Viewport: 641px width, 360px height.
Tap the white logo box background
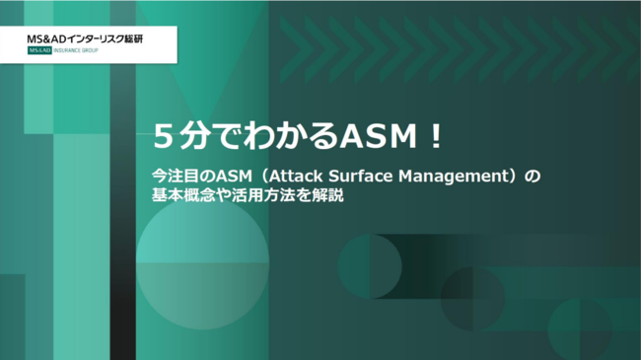point(148,46)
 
